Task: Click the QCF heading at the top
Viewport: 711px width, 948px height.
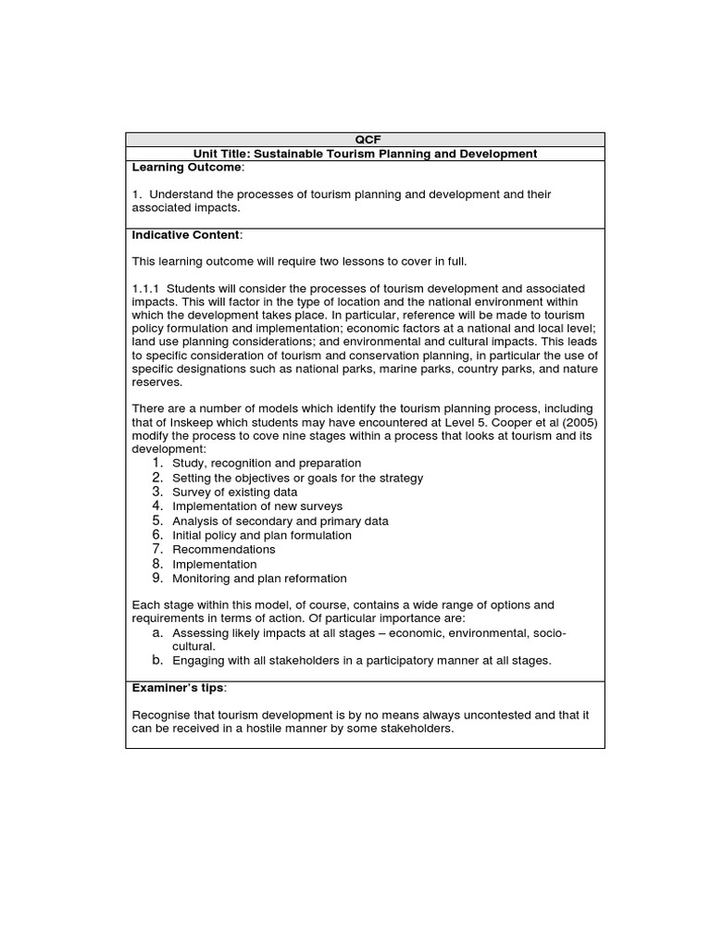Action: [x=366, y=140]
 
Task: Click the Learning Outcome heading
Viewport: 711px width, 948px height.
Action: [x=187, y=168]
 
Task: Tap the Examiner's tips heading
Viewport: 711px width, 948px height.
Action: [x=179, y=688]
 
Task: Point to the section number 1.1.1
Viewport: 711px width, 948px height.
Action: [x=148, y=289]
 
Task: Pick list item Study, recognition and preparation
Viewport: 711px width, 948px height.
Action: [x=267, y=463]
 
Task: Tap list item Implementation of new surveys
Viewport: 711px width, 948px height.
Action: [x=257, y=506]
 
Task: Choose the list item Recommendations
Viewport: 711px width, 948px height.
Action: [x=224, y=550]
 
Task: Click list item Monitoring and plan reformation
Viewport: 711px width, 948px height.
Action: [x=260, y=579]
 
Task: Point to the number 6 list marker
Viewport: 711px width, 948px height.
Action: [x=158, y=535]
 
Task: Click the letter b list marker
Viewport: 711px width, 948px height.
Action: [x=158, y=660]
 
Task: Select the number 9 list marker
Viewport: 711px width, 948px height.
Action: [x=158, y=579]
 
